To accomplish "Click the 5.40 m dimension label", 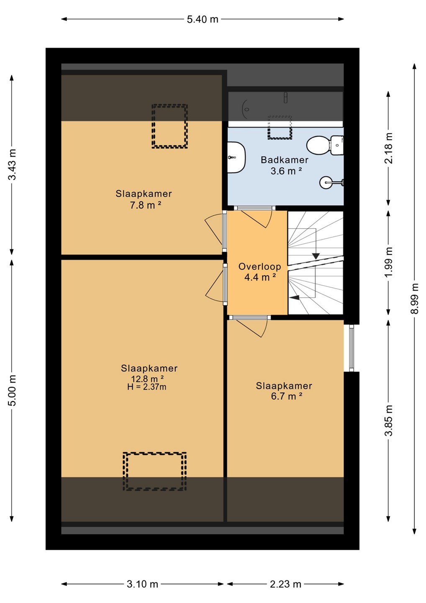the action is tap(203, 19).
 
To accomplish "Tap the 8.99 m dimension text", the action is tap(414, 299).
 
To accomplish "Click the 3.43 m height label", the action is tap(12, 165).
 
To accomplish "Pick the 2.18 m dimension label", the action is tap(389, 148).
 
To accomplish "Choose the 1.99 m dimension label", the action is tap(389, 262).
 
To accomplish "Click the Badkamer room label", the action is tap(285, 160).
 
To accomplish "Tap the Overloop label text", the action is tap(260, 266).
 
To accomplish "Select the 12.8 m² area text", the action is tap(148, 379).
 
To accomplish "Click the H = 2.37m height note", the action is tap(147, 387).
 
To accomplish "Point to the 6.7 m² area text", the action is tap(286, 397).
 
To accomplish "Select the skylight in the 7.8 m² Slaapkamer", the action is tap(169, 126).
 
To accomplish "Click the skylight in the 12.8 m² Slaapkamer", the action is tap(155, 472).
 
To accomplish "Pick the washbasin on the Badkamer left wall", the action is tap(236, 157).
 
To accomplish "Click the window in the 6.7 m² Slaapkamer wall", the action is tap(352, 348).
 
